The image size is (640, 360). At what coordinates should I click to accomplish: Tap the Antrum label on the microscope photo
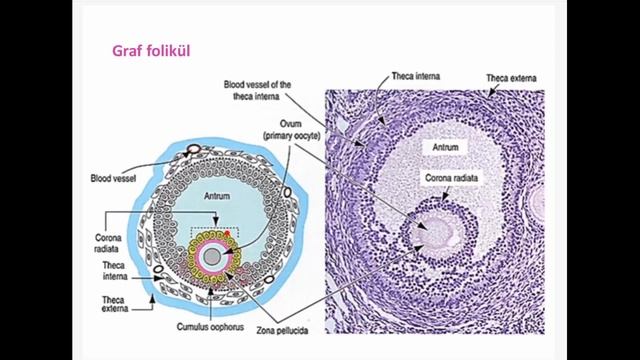click(445, 146)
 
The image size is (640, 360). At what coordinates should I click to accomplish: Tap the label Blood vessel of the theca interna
click(257, 92)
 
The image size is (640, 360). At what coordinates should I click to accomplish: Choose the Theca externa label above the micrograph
click(510, 77)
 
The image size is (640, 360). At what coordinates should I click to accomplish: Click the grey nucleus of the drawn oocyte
click(214, 254)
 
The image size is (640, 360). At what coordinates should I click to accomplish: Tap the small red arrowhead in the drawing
click(227, 233)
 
